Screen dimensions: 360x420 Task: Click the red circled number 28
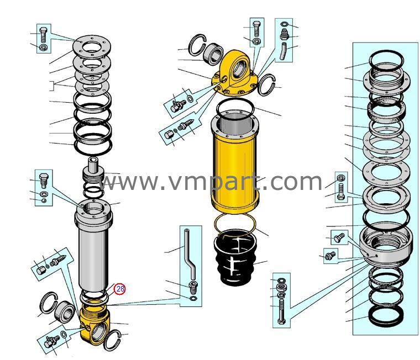[x=120, y=288]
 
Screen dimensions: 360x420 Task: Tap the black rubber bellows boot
[x=236, y=258]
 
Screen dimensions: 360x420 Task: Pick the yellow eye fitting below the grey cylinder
[x=95, y=326]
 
